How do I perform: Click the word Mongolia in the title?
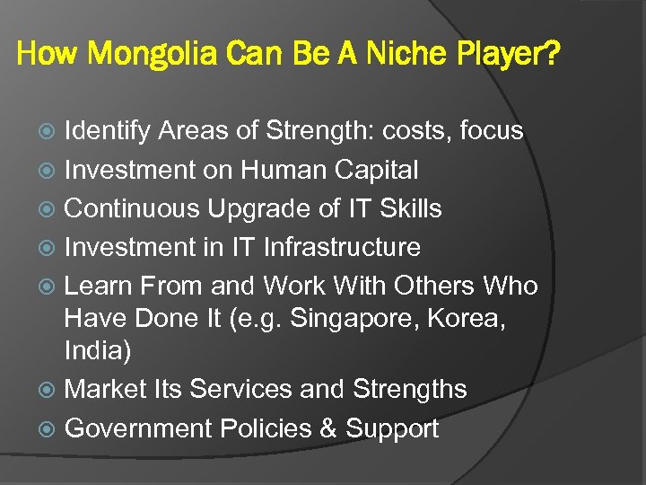159,57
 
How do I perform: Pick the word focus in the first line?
491,131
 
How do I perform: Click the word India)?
99,350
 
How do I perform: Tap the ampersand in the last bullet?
327,428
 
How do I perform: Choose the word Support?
392,429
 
